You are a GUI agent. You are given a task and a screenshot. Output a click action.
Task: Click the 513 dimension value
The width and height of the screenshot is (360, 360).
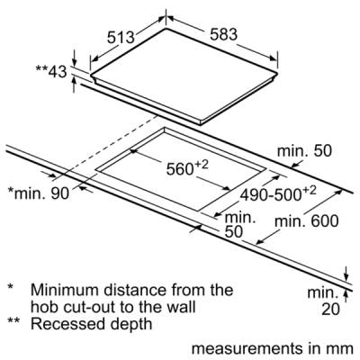pyautogui.click(x=121, y=38)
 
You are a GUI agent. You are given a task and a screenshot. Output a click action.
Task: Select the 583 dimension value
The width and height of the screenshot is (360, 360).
pyautogui.click(x=223, y=34)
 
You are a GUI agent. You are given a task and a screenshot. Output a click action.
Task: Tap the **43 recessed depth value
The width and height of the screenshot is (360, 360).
pyautogui.click(x=51, y=71)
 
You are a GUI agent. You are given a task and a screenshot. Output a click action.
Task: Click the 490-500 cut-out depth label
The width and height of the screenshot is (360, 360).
pyautogui.click(x=278, y=193)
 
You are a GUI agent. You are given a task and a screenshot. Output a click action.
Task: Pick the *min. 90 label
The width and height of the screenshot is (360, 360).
pyautogui.click(x=39, y=193)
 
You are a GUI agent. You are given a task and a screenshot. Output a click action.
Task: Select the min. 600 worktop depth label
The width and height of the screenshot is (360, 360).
pyautogui.click(x=307, y=221)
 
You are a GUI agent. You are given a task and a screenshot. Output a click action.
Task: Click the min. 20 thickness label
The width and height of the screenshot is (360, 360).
pyautogui.click(x=324, y=301)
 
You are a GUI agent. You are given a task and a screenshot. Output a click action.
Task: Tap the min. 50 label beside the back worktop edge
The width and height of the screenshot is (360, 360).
pyautogui.click(x=304, y=150)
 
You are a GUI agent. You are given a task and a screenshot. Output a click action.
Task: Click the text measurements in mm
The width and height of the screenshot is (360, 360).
pyautogui.click(x=273, y=348)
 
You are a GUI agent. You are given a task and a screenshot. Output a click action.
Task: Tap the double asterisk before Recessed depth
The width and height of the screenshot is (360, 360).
pyautogui.click(x=13, y=321)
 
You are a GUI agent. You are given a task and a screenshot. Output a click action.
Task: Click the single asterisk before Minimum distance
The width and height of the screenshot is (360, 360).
pyautogui.click(x=11, y=286)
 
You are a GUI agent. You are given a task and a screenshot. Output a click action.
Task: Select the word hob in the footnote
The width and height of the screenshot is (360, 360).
pyautogui.click(x=43, y=307)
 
